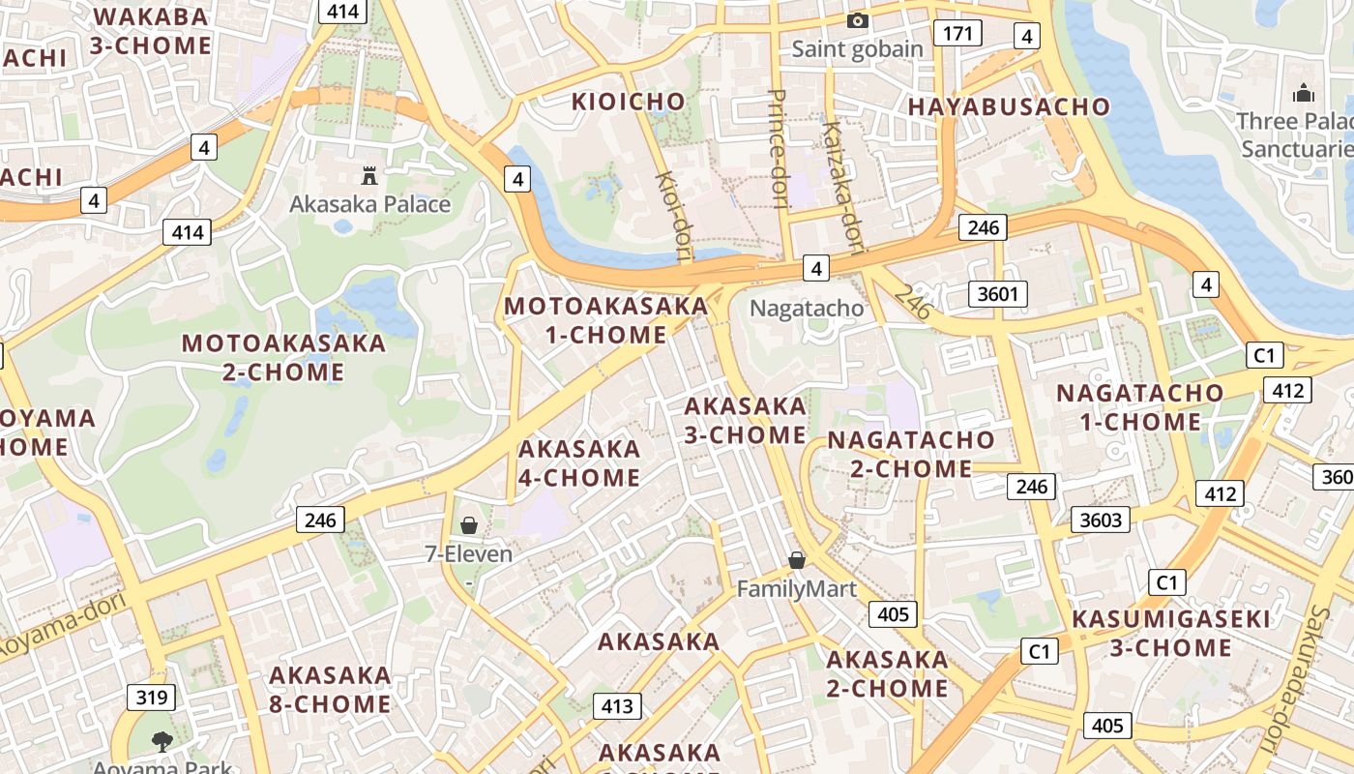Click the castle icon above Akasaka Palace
click(368, 175)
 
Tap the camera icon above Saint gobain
click(857, 20)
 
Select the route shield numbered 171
click(957, 34)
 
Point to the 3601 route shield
click(997, 293)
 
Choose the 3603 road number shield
click(1101, 520)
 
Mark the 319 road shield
click(151, 697)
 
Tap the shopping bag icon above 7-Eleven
click(469, 525)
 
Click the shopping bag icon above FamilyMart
click(797, 560)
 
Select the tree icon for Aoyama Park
click(162, 742)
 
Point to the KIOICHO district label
click(628, 102)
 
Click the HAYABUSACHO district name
click(1009, 106)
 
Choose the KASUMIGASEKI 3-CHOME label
click(1170, 633)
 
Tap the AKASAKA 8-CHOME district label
click(330, 689)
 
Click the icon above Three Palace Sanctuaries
click(1304, 94)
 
